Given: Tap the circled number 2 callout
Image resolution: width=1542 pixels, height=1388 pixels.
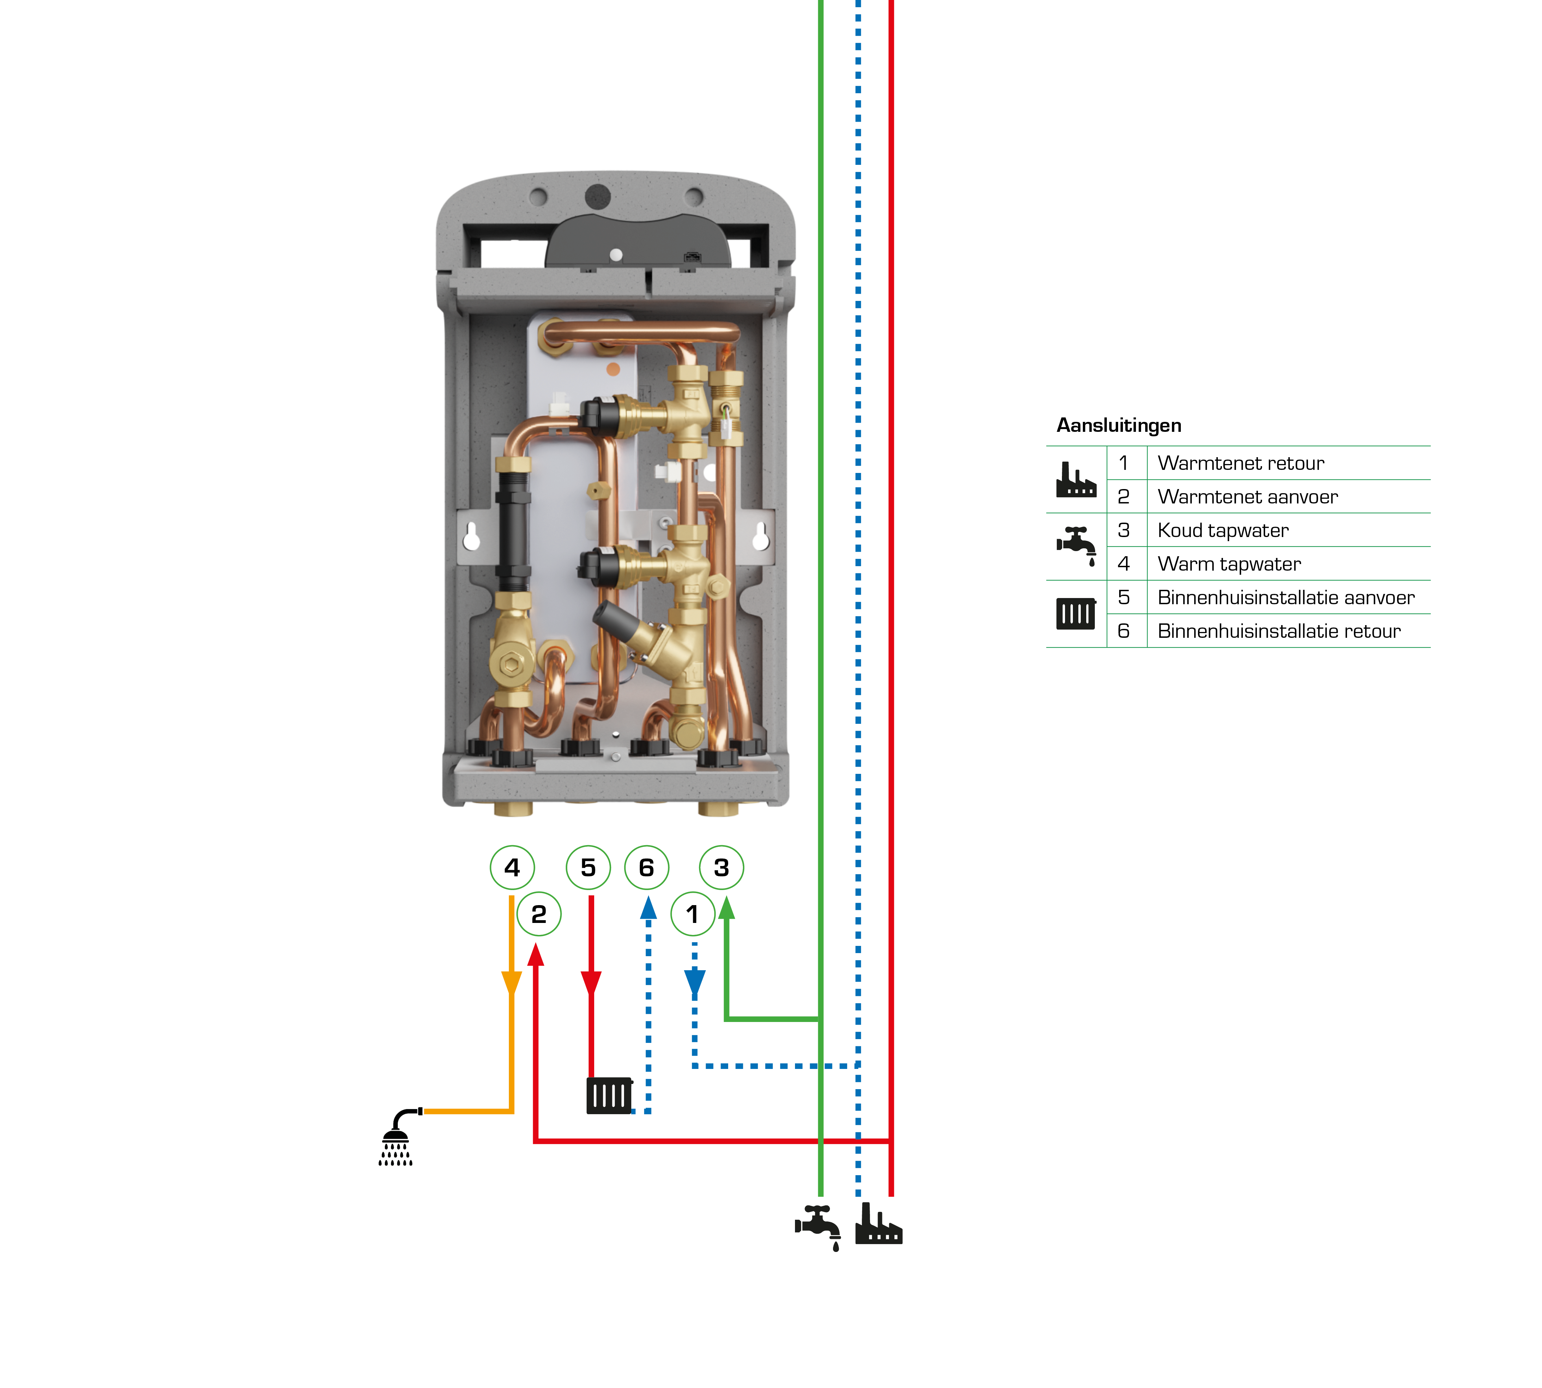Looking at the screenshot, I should coord(538,914).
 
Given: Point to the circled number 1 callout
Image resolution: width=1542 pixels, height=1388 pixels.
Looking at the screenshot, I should coord(693,914).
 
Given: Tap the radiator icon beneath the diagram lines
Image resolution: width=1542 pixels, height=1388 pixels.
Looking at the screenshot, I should coord(609,1096).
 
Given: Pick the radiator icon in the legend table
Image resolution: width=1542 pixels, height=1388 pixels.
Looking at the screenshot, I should coord(1075,613).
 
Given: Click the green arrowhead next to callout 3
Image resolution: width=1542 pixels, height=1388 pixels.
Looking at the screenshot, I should coord(727,908).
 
